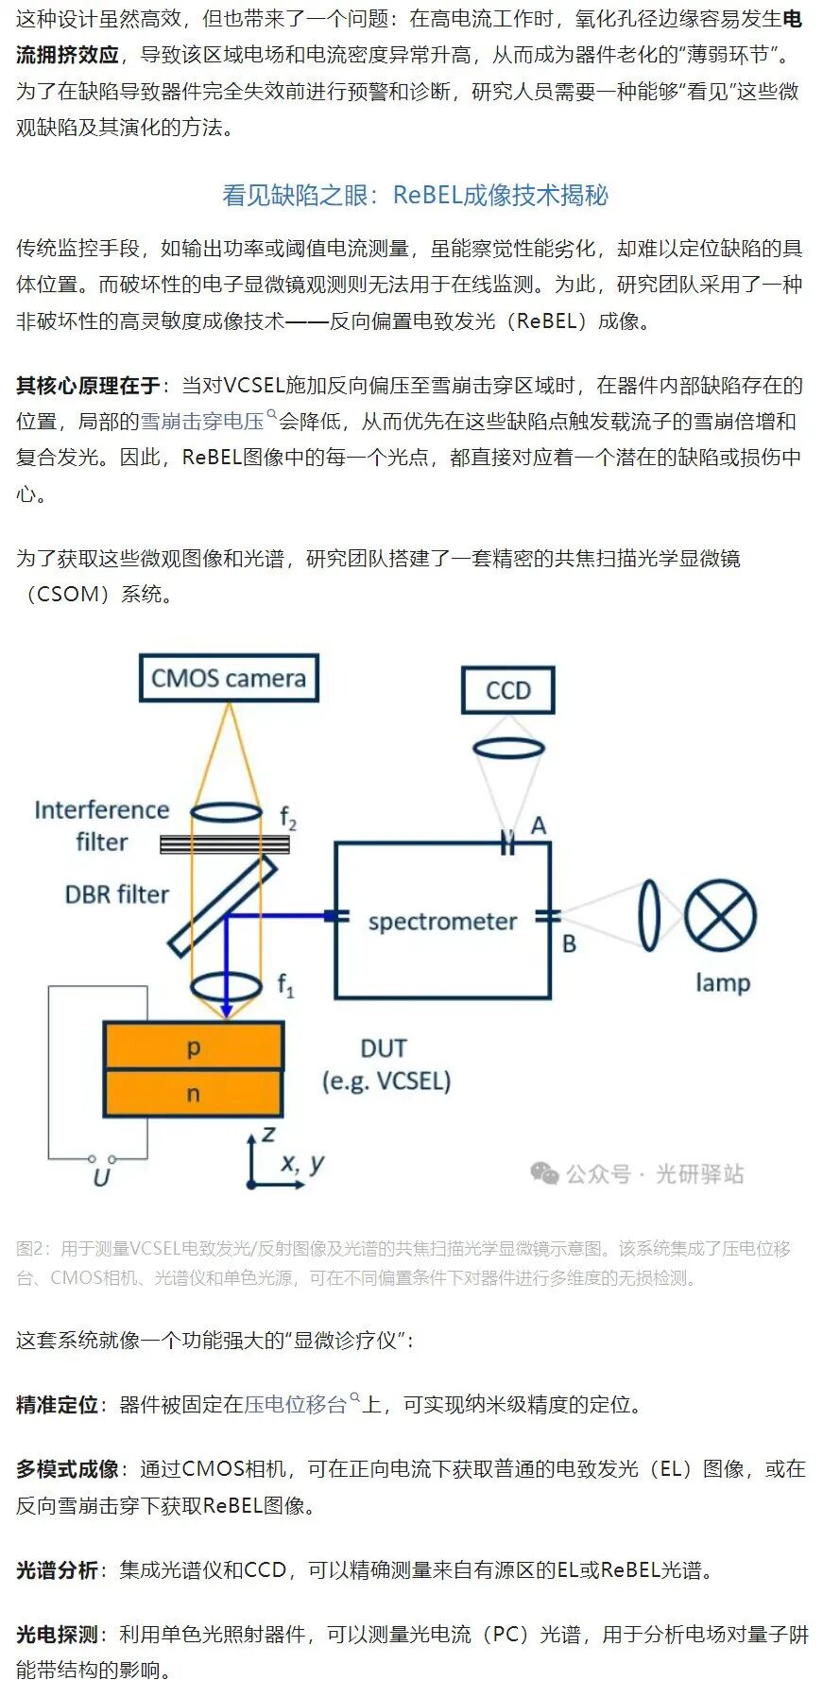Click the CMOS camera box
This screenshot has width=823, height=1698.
(229, 678)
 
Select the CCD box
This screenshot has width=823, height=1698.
(508, 690)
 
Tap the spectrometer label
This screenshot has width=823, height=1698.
(442, 922)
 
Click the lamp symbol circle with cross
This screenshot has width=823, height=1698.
(721, 916)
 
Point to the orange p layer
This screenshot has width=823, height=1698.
(193, 1046)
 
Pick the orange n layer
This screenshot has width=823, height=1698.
(193, 1094)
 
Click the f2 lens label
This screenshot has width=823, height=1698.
(288, 818)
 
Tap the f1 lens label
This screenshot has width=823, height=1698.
(285, 986)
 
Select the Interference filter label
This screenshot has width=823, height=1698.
(102, 826)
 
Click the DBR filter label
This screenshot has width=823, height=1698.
(117, 894)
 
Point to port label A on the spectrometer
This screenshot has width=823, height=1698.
(539, 825)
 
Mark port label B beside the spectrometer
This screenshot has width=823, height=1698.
(569, 944)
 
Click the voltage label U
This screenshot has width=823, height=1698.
(101, 1177)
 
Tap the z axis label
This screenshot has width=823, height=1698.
(269, 1134)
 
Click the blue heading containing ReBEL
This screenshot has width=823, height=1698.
(415, 195)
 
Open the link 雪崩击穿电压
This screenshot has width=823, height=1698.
(202, 421)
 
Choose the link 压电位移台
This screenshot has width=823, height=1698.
(296, 1404)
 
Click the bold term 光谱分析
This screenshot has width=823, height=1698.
(57, 1570)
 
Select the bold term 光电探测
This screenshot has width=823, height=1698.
(57, 1635)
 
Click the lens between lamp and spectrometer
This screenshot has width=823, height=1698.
(649, 915)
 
